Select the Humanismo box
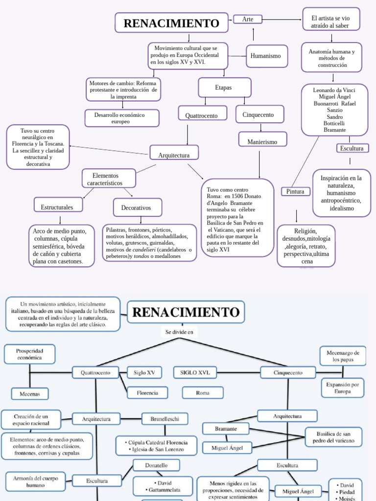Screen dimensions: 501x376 [265, 56]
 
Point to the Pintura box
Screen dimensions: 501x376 [295, 191]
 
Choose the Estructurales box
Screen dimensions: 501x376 [57, 207]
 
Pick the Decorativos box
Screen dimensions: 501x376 [136, 207]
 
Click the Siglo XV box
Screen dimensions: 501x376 [144, 373]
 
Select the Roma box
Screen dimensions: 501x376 [202, 392]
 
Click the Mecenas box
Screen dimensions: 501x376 [33, 393]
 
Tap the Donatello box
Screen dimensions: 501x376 [156, 465]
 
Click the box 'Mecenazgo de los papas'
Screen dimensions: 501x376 [343, 356]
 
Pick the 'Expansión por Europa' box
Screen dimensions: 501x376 [342, 388]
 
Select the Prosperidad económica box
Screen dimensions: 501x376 [29, 354]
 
